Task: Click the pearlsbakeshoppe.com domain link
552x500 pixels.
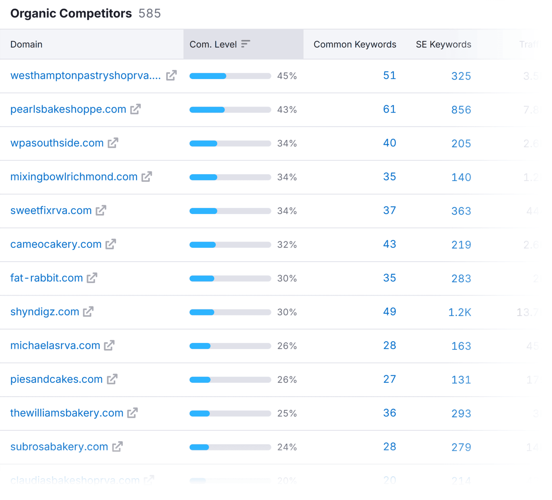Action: pos(68,109)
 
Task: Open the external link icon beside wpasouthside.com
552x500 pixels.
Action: pos(113,143)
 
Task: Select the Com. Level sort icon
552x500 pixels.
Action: pos(245,44)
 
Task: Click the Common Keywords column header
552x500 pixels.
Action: pos(355,45)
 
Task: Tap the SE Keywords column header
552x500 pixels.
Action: pos(443,45)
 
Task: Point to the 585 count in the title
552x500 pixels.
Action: pos(150,13)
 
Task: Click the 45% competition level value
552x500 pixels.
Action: pos(287,76)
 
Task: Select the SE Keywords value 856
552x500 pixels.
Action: pos(461,110)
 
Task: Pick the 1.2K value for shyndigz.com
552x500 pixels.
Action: pos(460,312)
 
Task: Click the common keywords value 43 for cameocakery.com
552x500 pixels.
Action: pos(390,244)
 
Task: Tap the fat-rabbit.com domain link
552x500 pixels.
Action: pos(47,278)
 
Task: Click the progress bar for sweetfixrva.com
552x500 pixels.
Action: pos(230,211)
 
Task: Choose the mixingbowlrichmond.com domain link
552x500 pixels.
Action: pos(74,177)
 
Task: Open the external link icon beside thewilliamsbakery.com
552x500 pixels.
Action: pos(132,413)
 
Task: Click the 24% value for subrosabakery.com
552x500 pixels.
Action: pos(287,447)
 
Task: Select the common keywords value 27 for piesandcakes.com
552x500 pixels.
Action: pos(390,379)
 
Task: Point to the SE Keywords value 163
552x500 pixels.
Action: pos(461,346)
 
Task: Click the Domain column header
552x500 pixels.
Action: pos(26,45)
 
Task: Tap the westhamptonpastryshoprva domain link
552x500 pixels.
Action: pos(86,76)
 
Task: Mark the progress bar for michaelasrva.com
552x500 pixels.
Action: pos(230,346)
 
